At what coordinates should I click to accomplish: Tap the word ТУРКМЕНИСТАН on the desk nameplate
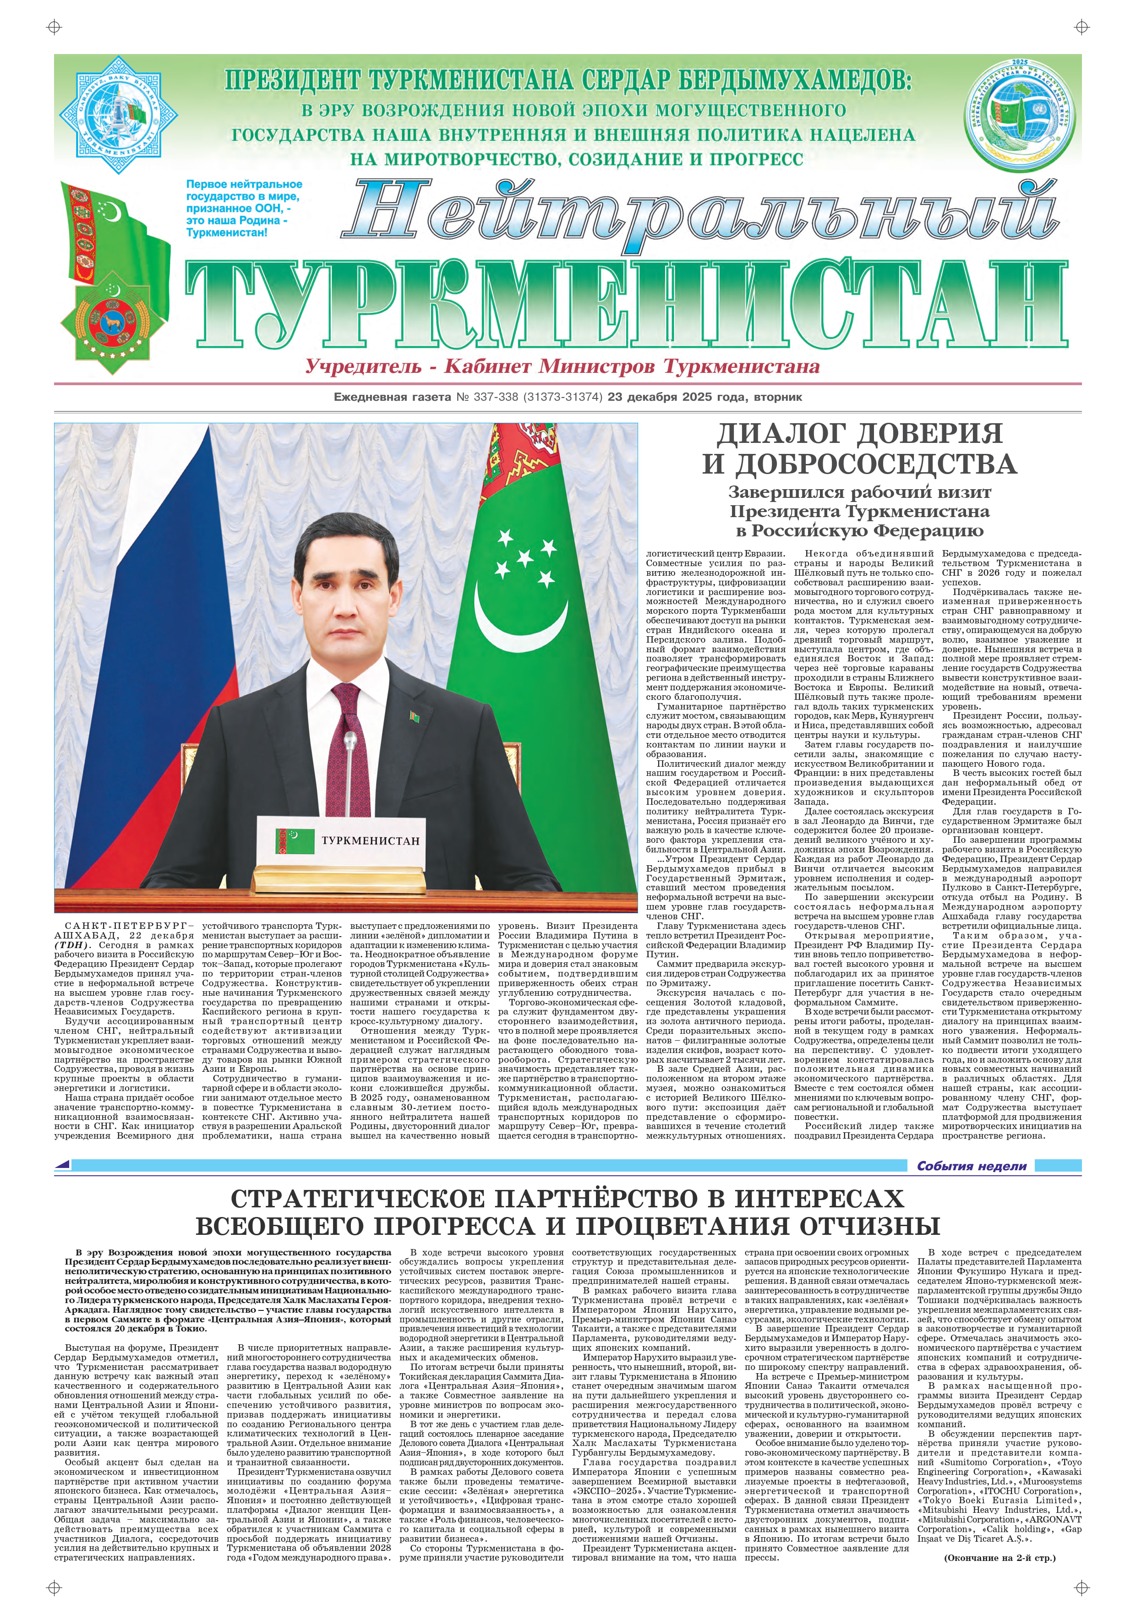pos(370,840)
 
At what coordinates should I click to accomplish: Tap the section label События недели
pos(972,1166)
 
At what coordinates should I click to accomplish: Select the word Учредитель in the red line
pos(363,366)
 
